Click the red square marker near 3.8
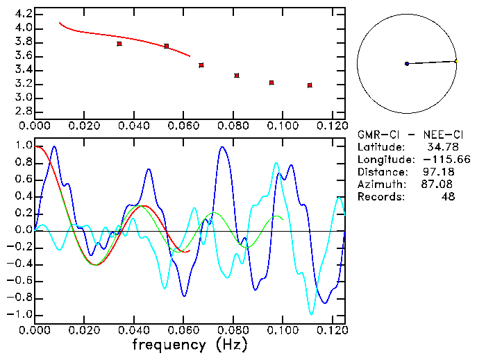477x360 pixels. pyautogui.click(x=119, y=44)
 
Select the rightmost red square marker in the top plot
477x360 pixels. pyautogui.click(x=310, y=85)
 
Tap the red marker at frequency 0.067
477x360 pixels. pyautogui.click(x=201, y=65)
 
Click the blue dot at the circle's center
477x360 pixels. pyautogui.click(x=407, y=64)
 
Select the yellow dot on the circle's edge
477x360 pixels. pyautogui.click(x=456, y=61)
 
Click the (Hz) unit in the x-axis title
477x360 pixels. pyautogui.click(x=228, y=345)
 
